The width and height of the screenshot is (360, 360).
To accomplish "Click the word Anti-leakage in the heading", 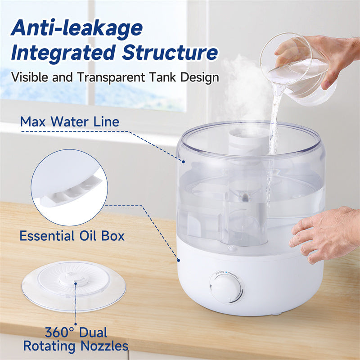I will click(76, 28).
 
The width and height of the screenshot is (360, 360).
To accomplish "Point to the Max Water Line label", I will click(70, 121).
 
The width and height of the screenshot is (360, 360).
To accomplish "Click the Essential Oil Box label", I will click(72, 235).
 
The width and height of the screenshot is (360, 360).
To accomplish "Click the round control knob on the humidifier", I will click(226, 288).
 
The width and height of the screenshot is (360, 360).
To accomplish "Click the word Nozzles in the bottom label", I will click(102, 346).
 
